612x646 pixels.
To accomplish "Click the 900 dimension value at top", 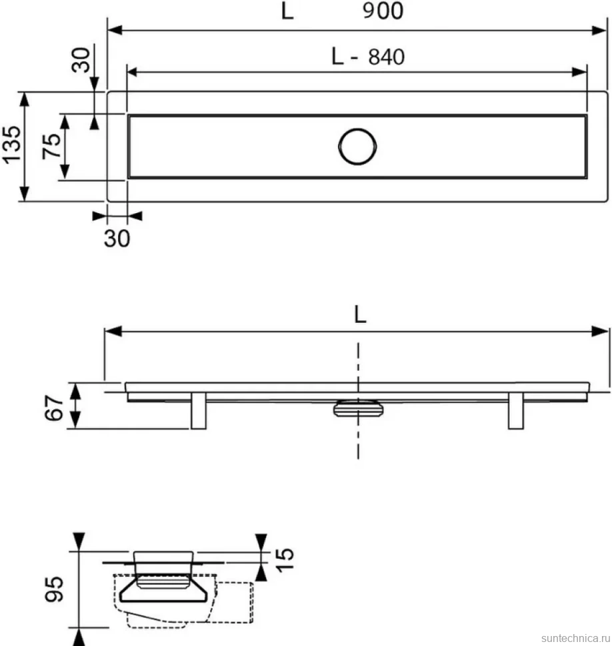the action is pos(383,11).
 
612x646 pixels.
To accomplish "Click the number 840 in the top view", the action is pos(387,57).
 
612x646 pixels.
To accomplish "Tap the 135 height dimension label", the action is pos(11,145).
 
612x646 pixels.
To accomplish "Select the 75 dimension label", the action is pos(51,146).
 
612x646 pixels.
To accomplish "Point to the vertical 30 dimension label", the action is pos(81,60).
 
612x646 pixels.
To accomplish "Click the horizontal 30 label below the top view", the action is pos(117,238).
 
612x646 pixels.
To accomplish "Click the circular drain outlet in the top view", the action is pos(357,147).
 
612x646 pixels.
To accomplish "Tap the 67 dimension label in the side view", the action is pos(54,408).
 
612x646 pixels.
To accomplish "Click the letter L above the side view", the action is pos(360,315).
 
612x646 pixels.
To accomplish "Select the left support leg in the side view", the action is pos(199,411).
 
